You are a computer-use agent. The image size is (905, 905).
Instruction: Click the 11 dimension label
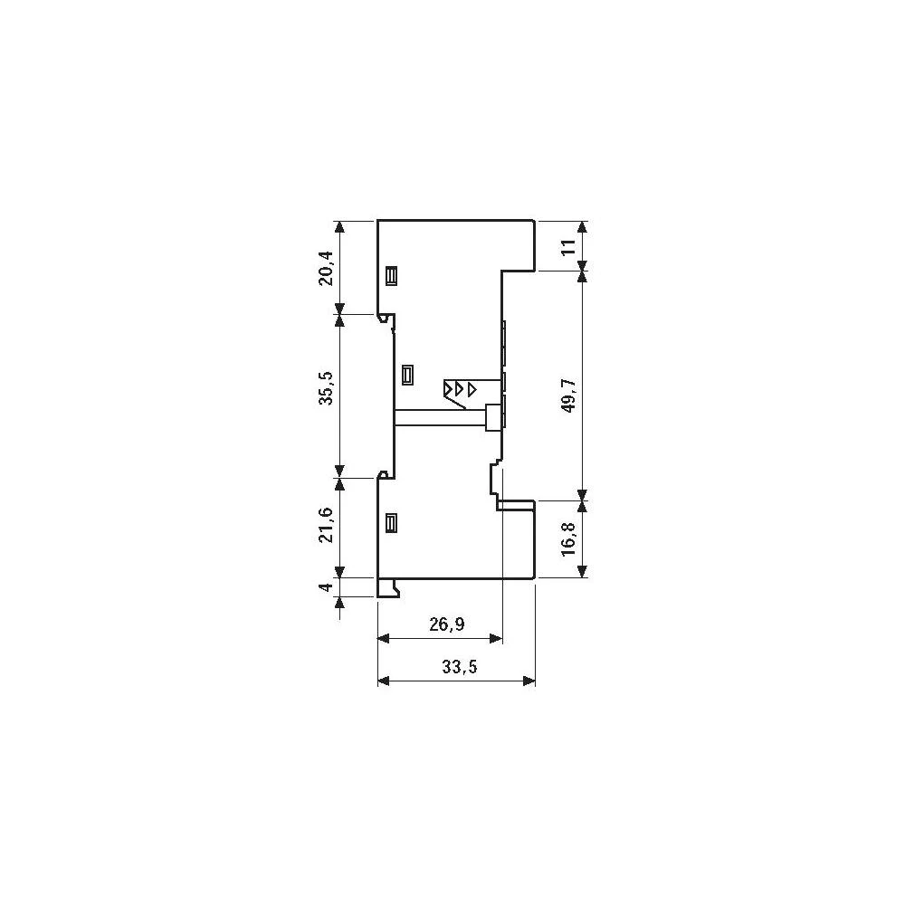568,247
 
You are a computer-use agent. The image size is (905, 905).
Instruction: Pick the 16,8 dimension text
568,539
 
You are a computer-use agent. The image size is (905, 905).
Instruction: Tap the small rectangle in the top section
392,275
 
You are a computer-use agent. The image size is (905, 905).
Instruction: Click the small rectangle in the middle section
408,374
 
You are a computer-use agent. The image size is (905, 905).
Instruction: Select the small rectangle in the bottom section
392,523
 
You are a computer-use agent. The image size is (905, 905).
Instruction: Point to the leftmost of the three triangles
448,388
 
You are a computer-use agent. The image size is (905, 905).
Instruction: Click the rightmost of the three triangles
472,388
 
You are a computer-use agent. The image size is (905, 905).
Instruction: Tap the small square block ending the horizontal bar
493,416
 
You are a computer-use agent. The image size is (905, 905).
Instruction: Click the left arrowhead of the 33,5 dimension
383,682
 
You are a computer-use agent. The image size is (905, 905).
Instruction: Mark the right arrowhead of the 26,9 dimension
495,639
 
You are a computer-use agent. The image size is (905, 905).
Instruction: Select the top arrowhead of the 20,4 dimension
339,225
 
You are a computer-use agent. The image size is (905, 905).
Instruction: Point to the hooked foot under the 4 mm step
390,589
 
